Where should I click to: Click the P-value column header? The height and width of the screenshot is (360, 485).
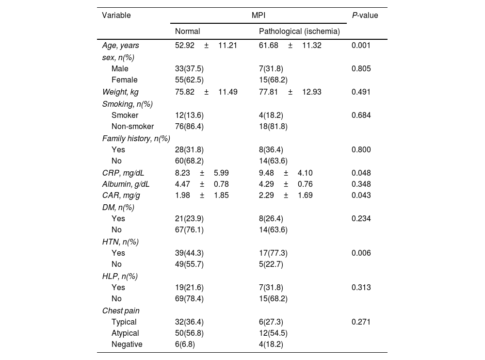pyautogui.click(x=365, y=15)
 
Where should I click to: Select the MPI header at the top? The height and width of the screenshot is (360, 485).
pyautogui.click(x=259, y=15)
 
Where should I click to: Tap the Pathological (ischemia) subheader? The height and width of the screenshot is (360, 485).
pyautogui.click(x=299, y=32)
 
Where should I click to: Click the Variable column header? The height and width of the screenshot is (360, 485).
pyautogui.click(x=116, y=15)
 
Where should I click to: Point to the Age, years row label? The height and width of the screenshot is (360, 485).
pyautogui.click(x=120, y=46)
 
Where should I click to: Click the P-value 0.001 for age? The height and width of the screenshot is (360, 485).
pyautogui.click(x=361, y=46)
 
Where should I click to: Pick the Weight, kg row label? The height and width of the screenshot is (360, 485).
pyautogui.click(x=120, y=92)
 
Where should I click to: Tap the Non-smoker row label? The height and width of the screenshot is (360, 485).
pyautogui.click(x=132, y=127)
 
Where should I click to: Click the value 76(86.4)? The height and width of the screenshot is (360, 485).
pyautogui.click(x=189, y=127)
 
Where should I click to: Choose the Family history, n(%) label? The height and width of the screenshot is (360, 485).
pyautogui.click(x=136, y=138)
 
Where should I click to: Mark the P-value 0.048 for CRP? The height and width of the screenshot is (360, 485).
pyautogui.click(x=361, y=173)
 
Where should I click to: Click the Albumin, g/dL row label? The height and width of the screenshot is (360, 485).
pyautogui.click(x=126, y=184)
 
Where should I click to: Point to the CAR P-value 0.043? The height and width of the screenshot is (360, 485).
pyautogui.click(x=361, y=195)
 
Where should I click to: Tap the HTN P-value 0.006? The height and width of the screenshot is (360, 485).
pyautogui.click(x=361, y=253)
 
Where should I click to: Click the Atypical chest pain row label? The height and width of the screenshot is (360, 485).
pyautogui.click(x=125, y=333)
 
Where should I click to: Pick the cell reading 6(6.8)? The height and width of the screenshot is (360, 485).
pyautogui.click(x=185, y=344)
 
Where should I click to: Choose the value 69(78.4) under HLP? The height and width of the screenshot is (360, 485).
pyautogui.click(x=189, y=299)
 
